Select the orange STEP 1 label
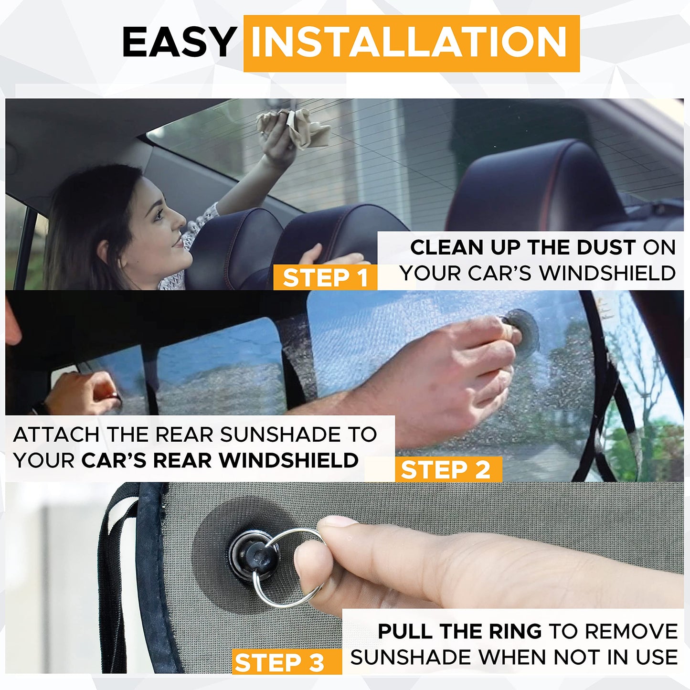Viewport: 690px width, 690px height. coord(325,278)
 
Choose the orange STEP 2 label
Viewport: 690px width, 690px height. coord(446,470)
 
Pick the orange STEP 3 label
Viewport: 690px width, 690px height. coord(280,663)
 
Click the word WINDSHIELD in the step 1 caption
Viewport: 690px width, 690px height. coord(607,273)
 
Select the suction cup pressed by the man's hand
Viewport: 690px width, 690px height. coord(523,330)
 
